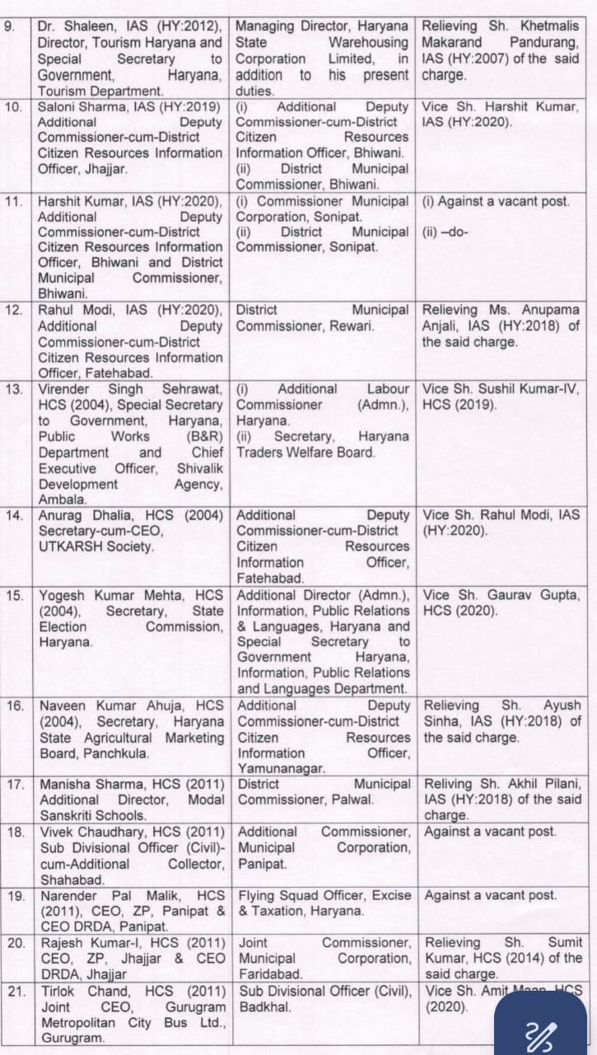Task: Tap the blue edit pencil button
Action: click(544, 1031)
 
